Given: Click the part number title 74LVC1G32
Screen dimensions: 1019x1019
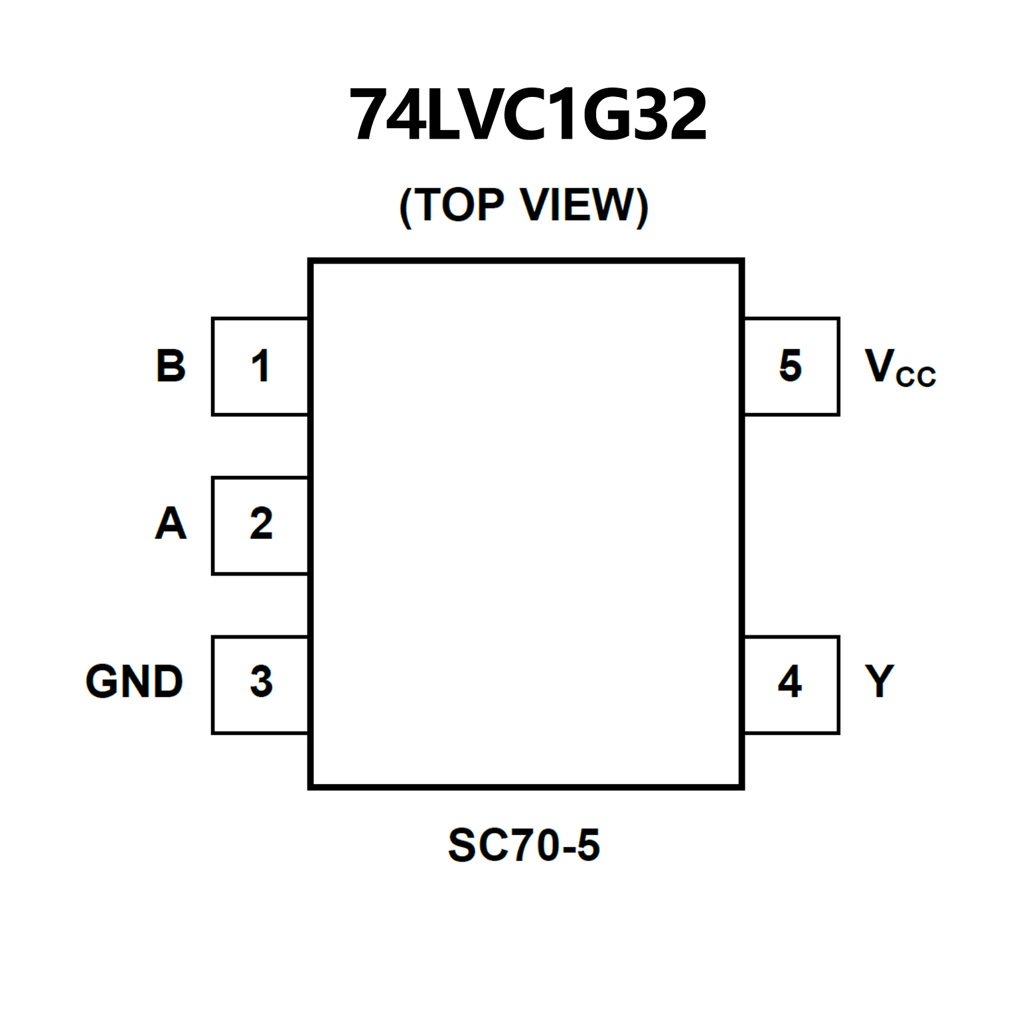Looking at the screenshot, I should coord(528,115).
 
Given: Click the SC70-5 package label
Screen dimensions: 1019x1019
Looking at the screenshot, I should coord(524,845).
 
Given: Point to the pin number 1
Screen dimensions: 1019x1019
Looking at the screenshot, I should coord(260,366).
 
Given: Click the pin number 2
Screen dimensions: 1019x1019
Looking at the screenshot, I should coord(261,524).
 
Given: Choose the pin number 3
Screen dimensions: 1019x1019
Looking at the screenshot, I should coord(261,682).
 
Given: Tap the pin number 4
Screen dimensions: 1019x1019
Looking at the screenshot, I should coord(790,682).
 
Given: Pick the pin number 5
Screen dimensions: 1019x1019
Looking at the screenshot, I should coord(791,366).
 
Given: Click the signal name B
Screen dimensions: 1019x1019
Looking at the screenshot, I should coord(171,366).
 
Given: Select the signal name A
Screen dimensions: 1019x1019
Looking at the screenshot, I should coord(171,524).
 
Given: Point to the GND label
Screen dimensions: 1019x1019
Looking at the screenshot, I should coord(134,682).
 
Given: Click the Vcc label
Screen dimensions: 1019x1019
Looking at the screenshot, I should coord(900,367).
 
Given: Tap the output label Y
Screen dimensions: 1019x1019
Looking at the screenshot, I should coord(880,681).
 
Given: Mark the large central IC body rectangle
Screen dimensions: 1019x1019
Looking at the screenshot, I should coord(526,524).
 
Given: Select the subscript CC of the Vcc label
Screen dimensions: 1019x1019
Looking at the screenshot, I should coord(916,377).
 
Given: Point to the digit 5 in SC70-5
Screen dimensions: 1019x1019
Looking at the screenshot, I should coord(588,845).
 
